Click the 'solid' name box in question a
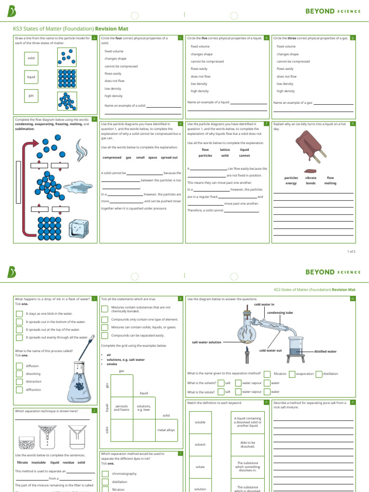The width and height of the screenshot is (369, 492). point(31,58)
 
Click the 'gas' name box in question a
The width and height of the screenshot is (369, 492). point(31,96)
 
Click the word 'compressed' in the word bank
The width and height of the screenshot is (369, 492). point(112,158)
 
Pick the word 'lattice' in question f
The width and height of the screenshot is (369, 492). point(225,150)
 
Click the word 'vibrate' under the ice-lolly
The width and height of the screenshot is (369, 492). point(311,178)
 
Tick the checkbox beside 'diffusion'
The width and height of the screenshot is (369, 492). point(19,366)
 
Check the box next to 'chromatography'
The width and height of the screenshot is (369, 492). point(105,474)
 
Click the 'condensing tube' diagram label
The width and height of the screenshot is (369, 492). point(280,312)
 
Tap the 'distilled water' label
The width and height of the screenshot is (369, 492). point(325,351)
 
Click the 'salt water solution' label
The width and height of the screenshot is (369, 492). point(207,342)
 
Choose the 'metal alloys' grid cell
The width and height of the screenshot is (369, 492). point(166,430)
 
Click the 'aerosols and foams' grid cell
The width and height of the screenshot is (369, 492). point(121,408)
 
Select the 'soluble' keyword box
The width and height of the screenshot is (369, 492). point(200,422)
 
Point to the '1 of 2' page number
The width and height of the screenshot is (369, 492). point(351,251)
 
